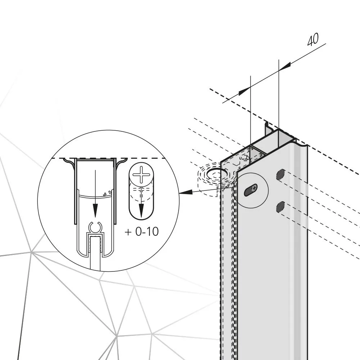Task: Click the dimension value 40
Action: click(x=313, y=40)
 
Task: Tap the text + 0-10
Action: click(x=141, y=231)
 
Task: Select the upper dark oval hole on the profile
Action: click(x=280, y=175)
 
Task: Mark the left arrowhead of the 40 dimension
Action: click(x=245, y=90)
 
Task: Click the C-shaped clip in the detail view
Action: click(x=95, y=228)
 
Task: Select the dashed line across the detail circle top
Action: click(x=108, y=158)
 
